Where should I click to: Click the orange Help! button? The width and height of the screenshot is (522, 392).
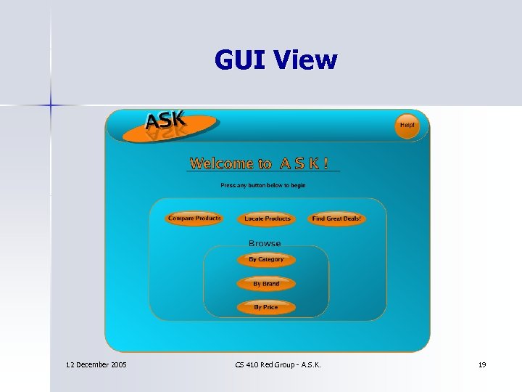[407, 125]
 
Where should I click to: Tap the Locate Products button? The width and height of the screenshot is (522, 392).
[268, 219]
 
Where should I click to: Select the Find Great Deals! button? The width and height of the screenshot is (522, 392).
[336, 219]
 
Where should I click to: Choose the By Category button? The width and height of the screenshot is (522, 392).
[266, 259]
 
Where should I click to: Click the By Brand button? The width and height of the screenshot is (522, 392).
[266, 284]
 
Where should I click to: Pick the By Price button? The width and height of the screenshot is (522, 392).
[266, 307]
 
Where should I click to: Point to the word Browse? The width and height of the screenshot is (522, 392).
[265, 243]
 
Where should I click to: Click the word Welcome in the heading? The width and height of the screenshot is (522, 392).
[221, 164]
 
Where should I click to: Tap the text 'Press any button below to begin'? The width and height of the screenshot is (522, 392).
[263, 185]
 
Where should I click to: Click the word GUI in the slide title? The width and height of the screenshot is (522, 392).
[241, 60]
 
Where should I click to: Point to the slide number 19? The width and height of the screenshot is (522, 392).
[482, 364]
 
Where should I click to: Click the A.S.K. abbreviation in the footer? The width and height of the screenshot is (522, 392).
[309, 364]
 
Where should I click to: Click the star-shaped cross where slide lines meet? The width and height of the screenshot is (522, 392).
[51, 106]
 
